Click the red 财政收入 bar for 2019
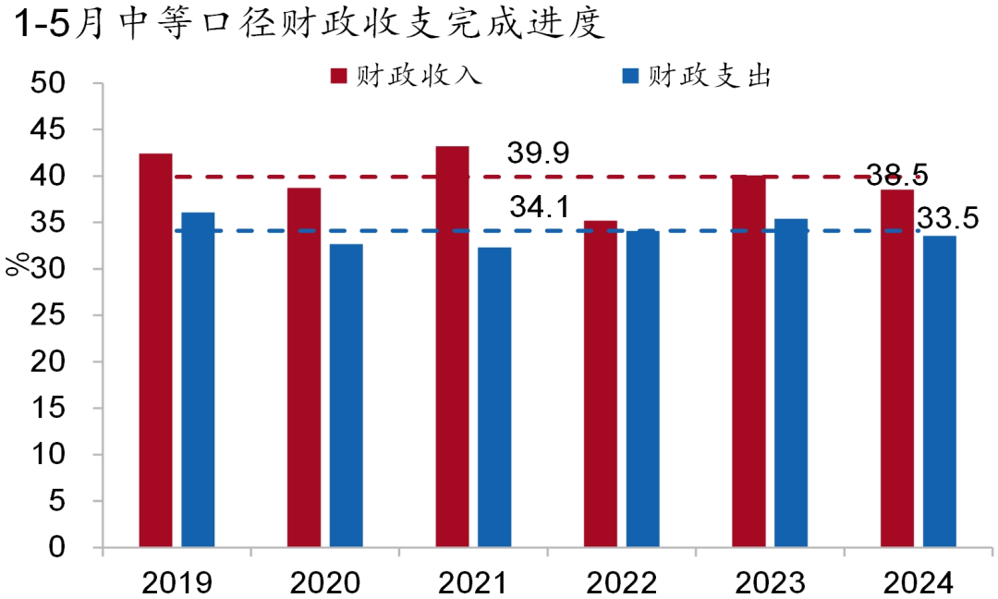tap(155, 351)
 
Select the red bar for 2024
tap(896, 369)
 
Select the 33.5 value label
tap(948, 219)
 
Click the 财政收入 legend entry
tap(407, 75)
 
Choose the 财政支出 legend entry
tap(698, 75)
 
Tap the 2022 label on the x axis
tap(622, 582)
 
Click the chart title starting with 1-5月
tap(309, 24)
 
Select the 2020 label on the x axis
tap(325, 582)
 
